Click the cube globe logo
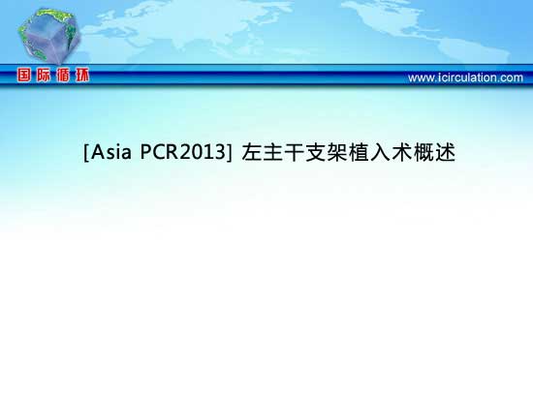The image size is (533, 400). [x=48, y=37]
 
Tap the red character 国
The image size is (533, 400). [x=24, y=76]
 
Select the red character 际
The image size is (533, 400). [x=44, y=76]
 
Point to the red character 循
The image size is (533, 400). [x=63, y=76]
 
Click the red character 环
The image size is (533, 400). [x=82, y=76]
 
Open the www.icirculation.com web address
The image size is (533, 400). [x=465, y=77]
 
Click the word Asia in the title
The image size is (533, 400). [x=111, y=152]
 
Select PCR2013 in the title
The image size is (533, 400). [x=183, y=152]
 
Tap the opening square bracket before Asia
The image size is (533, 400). [x=86, y=153]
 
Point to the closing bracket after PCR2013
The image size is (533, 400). [x=230, y=153]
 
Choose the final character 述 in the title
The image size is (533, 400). [x=445, y=152]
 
